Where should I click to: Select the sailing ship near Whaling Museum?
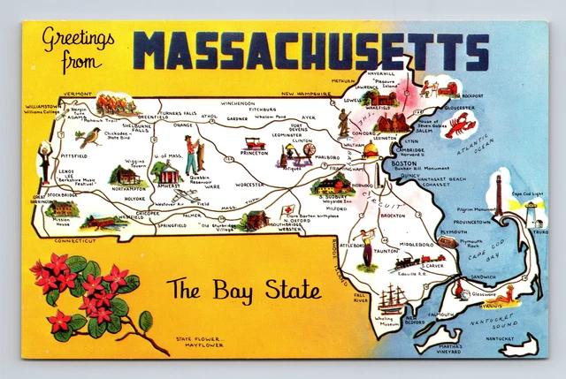pyautogui.click(x=393, y=299)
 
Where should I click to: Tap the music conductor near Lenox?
pyautogui.click(x=44, y=160)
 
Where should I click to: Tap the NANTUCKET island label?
pyautogui.click(x=513, y=338)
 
